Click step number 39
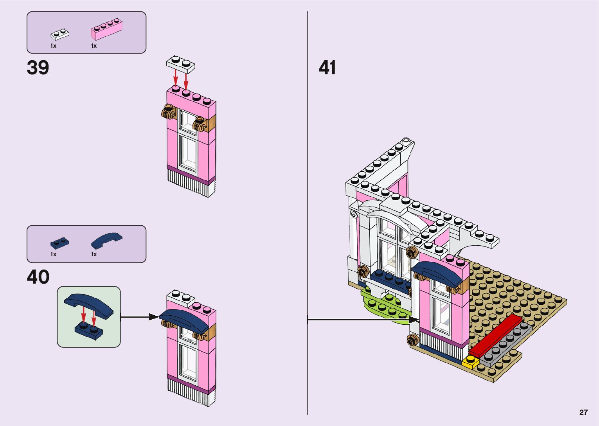38,68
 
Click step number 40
38,277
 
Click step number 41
327,68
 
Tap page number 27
583,412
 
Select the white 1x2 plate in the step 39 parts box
59,34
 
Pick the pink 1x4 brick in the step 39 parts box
106,29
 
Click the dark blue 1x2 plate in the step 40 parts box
59,243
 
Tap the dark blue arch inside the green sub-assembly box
88,304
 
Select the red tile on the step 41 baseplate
496,335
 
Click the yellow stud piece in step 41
470,362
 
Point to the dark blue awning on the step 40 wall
184,318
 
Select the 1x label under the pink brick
94,46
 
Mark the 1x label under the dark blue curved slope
94,254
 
